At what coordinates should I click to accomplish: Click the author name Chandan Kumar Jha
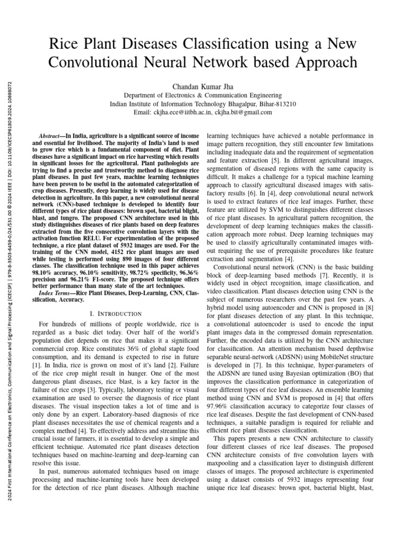coord(202,86)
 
